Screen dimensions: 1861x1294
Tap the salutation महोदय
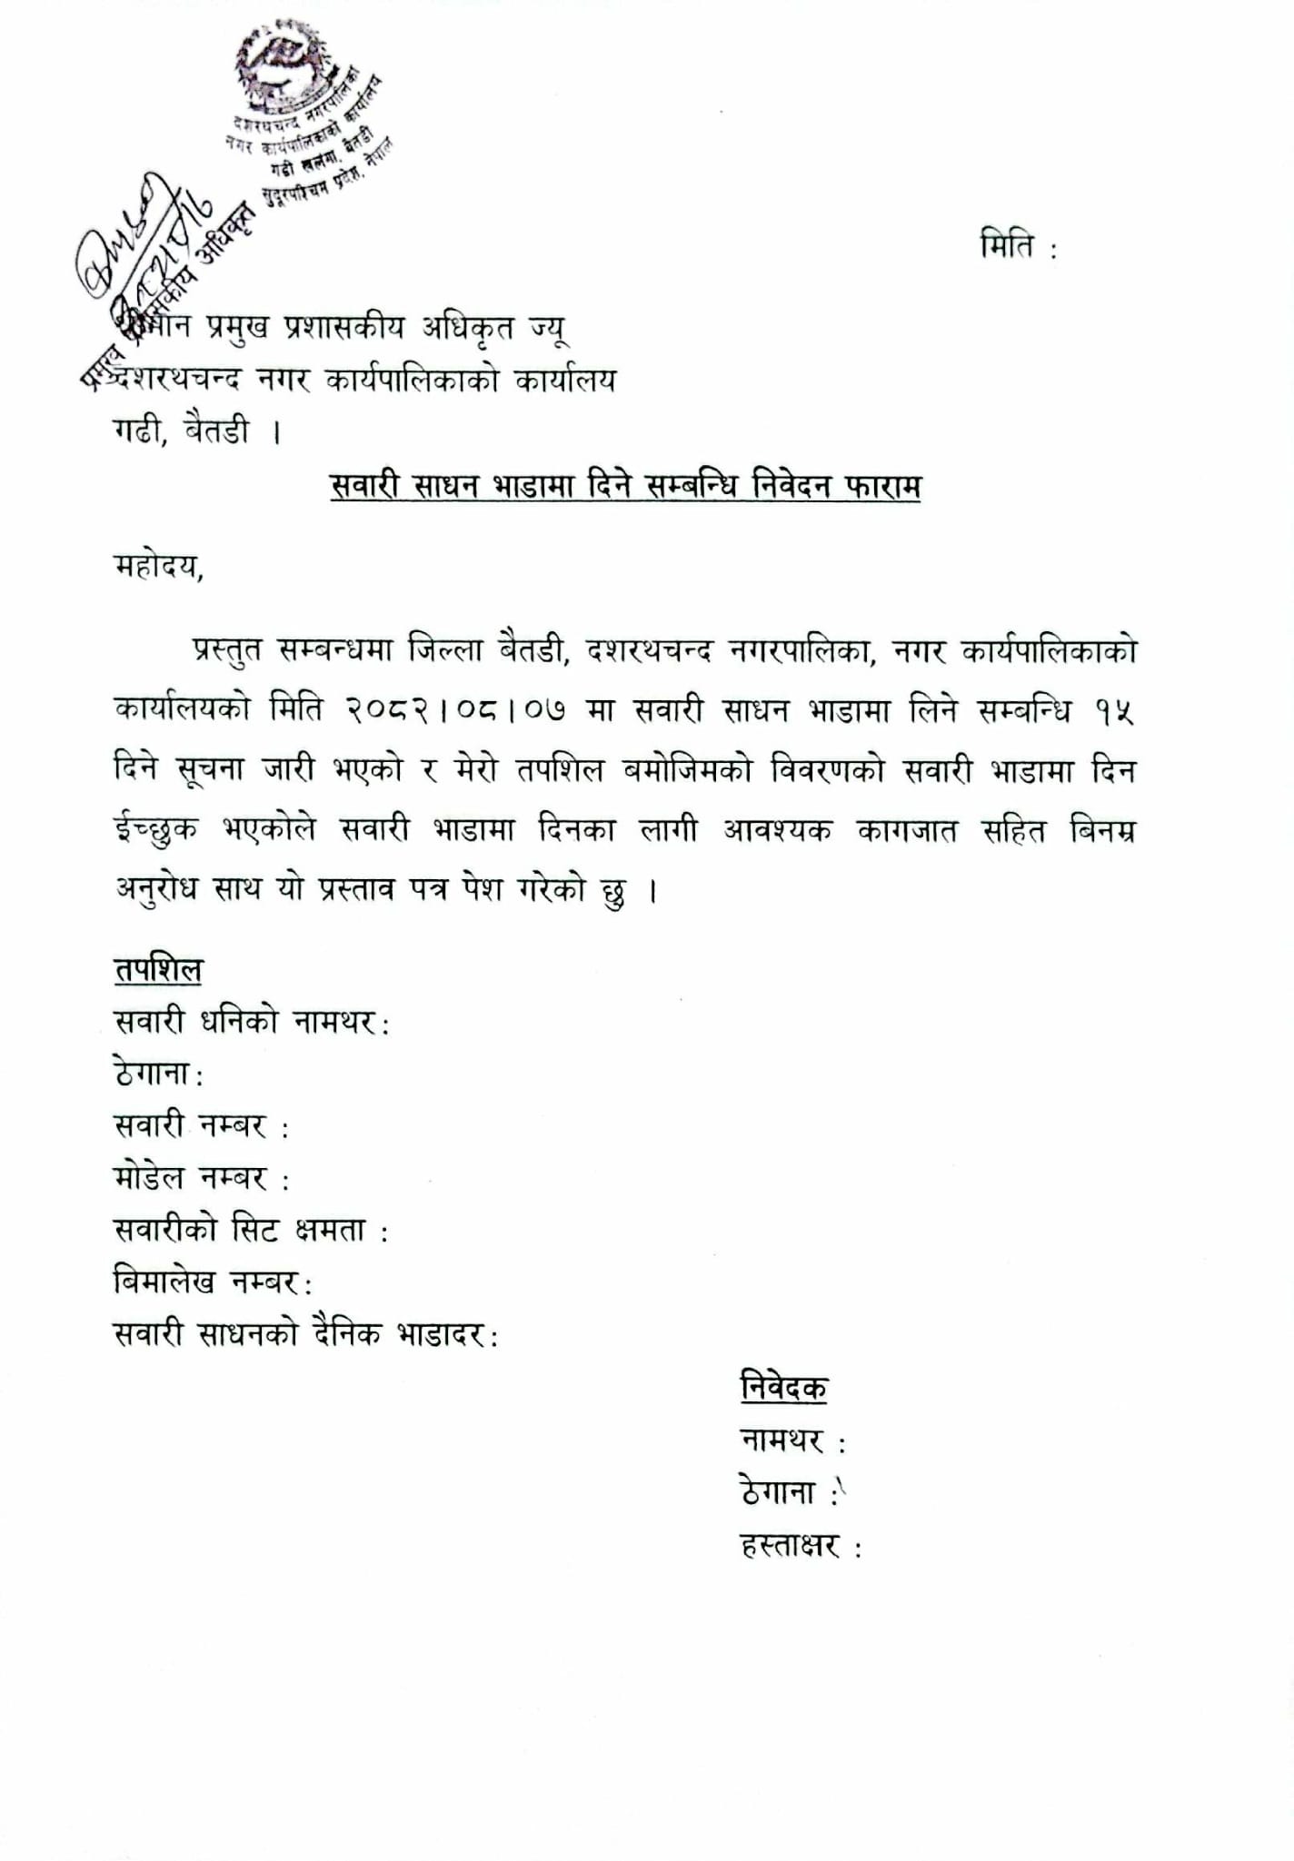(158, 567)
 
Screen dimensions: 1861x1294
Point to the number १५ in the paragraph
(1114, 711)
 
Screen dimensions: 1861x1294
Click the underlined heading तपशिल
(158, 969)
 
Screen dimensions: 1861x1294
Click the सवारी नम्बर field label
(201, 1126)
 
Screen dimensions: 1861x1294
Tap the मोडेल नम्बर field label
(201, 1178)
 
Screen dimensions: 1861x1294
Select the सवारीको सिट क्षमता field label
(251, 1231)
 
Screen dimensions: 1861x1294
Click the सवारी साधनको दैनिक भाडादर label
(305, 1334)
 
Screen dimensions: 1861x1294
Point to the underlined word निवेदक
(784, 1388)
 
